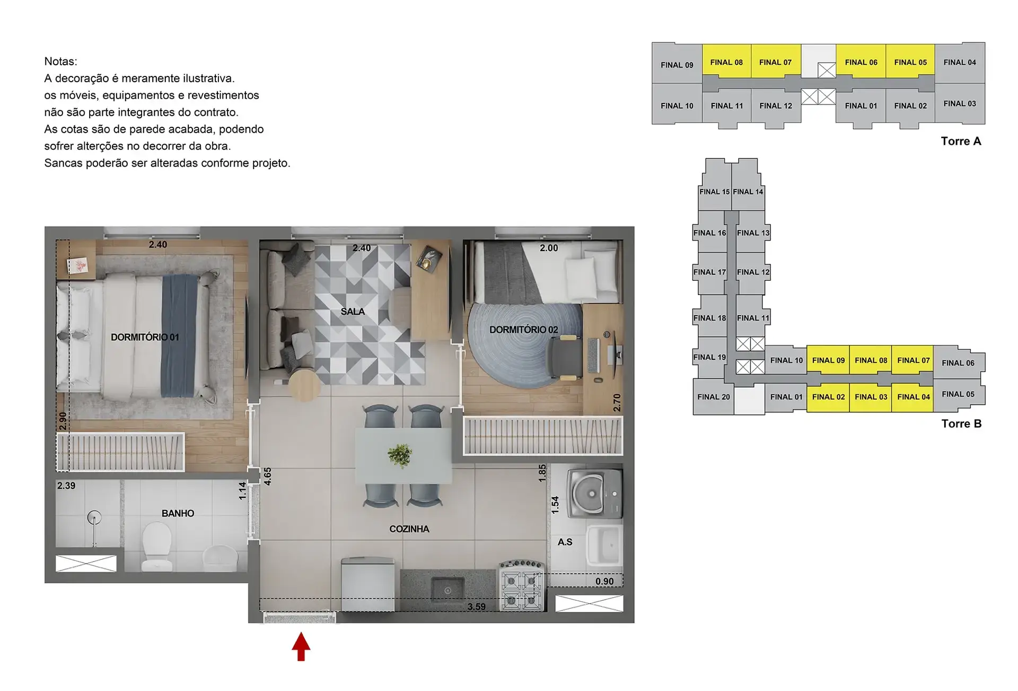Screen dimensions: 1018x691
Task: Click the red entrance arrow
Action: (301, 646)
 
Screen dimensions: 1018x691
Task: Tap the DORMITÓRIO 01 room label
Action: (145, 337)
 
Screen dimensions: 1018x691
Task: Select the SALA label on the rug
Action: (353, 312)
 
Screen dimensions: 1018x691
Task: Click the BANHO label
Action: (178, 513)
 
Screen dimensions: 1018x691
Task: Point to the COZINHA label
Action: (409, 529)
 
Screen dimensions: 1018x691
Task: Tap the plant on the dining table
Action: (400, 455)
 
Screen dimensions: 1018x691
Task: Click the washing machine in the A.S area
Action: (594, 493)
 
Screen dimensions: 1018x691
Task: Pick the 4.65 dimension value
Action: (268, 476)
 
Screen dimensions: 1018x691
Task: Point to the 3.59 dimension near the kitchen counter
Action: (476, 607)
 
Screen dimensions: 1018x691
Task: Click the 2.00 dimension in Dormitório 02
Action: (549, 248)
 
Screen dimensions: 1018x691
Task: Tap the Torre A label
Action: (961, 141)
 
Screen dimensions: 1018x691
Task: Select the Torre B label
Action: (961, 424)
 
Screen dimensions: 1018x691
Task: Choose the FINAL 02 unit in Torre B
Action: (828, 397)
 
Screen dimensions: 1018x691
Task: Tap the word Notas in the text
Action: (60, 62)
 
